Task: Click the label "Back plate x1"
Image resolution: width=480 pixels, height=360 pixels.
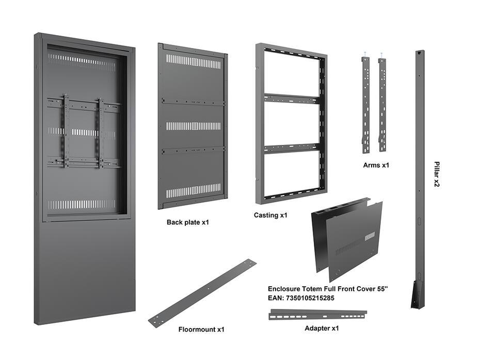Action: tap(187, 222)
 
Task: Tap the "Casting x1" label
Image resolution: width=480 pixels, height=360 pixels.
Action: tap(270, 215)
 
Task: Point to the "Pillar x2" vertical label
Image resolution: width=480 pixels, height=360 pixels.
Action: tap(436, 174)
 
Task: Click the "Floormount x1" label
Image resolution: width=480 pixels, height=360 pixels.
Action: tap(201, 329)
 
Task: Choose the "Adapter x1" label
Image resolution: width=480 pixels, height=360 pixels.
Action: tap(322, 328)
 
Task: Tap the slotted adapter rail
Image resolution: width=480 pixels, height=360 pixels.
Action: tap(317, 314)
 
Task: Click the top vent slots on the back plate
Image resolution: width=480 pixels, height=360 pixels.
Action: tap(194, 61)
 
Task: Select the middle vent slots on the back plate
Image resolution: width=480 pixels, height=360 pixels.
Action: tap(194, 126)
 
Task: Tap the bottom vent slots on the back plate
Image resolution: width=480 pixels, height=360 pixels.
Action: tap(194, 190)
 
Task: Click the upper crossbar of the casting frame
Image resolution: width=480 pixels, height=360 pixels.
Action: tap(291, 98)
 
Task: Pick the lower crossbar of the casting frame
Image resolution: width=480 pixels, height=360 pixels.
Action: tap(291, 149)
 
